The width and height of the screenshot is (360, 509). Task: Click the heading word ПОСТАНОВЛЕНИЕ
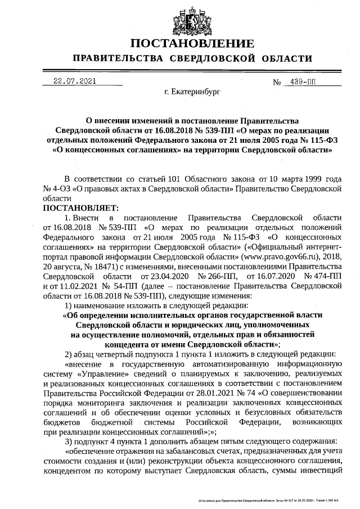click(x=192, y=44)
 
